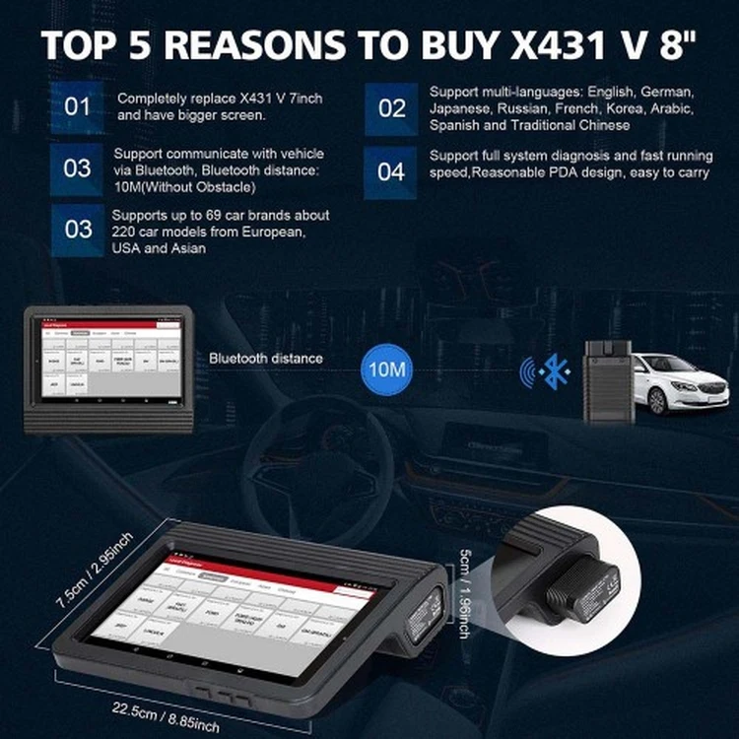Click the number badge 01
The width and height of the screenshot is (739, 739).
[77, 107]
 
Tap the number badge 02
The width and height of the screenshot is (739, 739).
[392, 107]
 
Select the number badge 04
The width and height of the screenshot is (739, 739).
[391, 171]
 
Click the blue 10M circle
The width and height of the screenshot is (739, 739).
[387, 369]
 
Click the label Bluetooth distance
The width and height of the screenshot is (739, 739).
[264, 359]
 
